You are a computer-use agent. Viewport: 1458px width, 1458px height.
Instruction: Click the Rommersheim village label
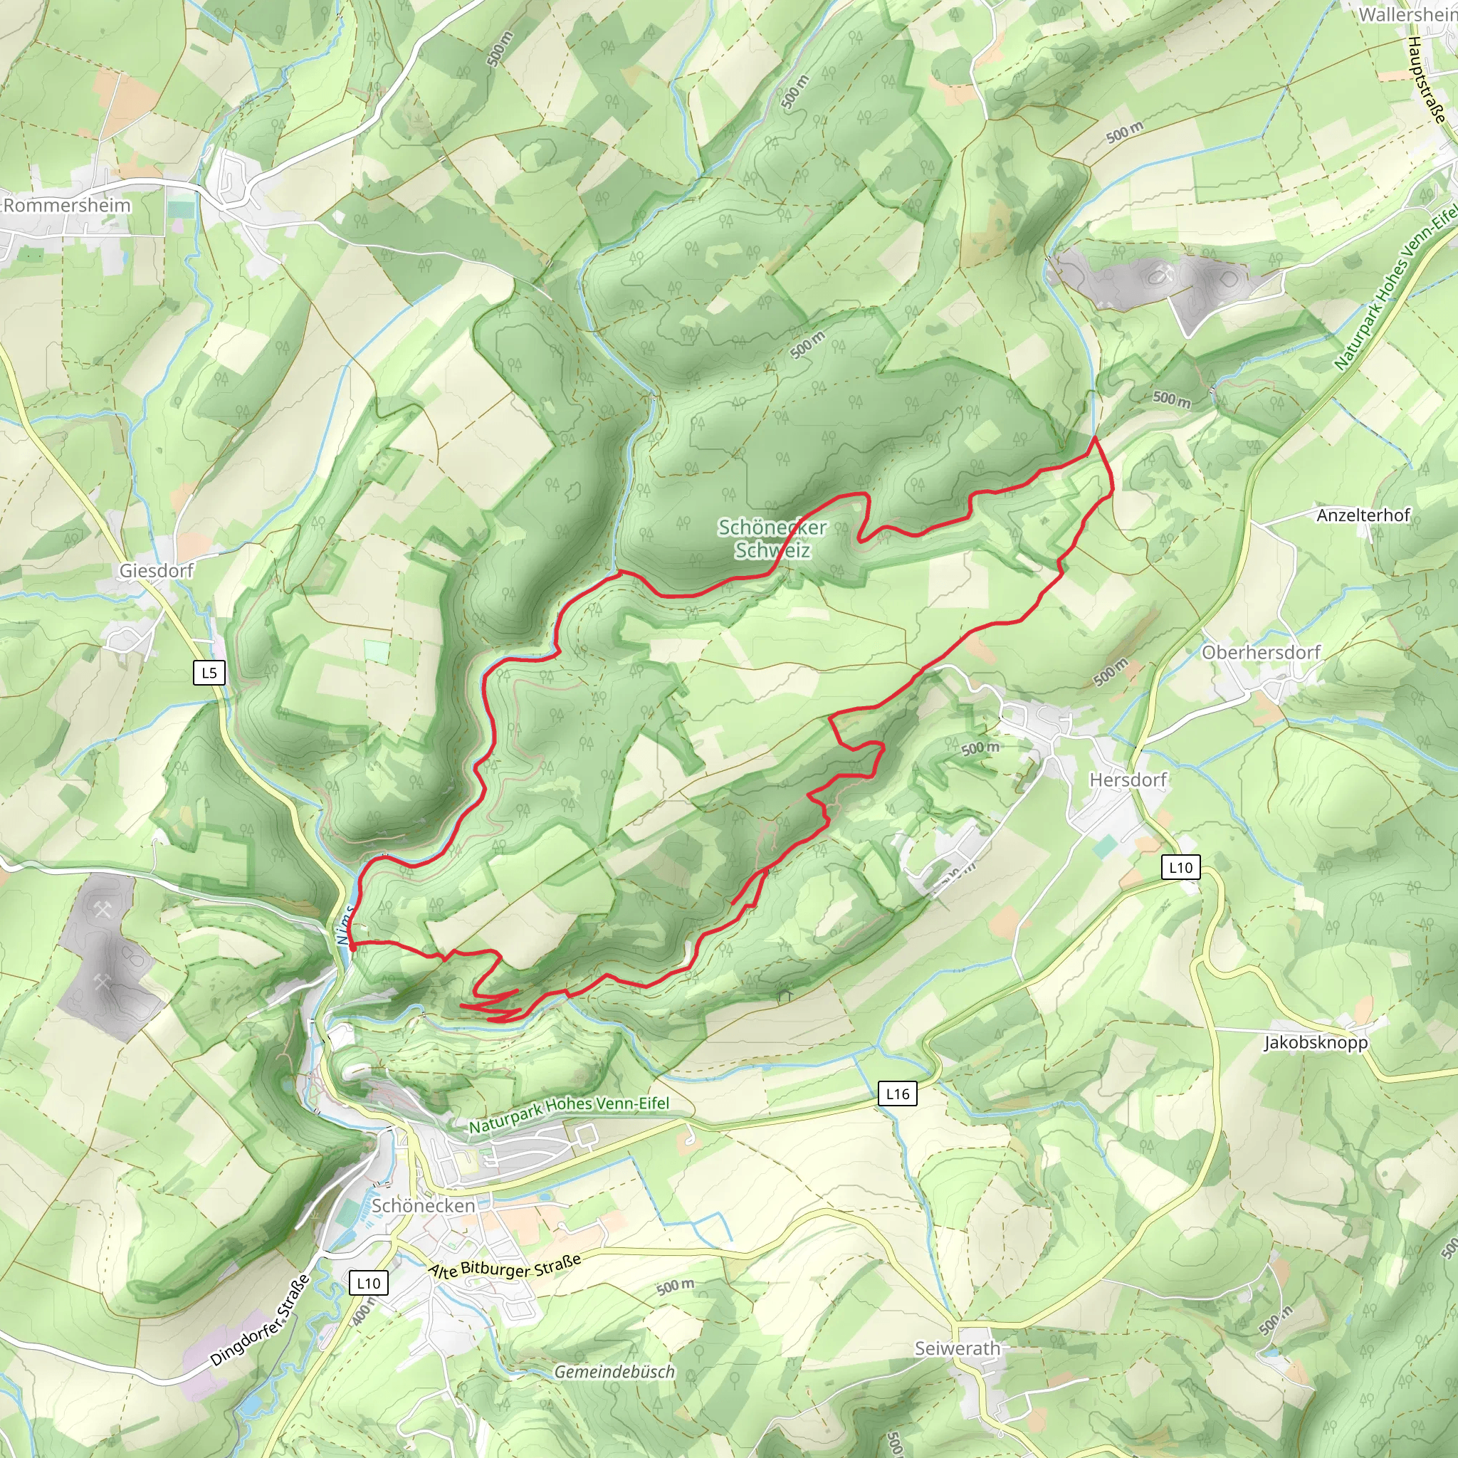(66, 205)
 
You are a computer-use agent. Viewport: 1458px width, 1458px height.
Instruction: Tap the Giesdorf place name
(156, 570)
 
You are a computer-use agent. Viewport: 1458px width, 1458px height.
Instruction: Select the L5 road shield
(209, 672)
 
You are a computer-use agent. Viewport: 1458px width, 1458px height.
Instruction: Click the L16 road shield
(897, 1093)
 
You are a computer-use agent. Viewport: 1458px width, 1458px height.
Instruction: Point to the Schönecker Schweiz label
(772, 539)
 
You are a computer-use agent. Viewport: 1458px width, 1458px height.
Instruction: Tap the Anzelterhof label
(1363, 515)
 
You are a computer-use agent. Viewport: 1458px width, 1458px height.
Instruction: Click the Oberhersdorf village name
(1261, 652)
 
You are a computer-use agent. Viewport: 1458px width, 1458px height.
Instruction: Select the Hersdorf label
(1128, 780)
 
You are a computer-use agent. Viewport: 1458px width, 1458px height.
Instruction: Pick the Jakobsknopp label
(1316, 1042)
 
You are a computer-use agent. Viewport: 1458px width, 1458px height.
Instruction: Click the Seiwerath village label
(958, 1348)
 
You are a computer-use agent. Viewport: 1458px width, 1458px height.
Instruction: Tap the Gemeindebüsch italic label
(614, 1372)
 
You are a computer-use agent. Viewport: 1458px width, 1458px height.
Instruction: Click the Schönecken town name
(424, 1206)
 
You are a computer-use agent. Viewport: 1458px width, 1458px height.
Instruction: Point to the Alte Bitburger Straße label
(505, 1266)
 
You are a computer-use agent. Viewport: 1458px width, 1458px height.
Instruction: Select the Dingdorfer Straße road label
(261, 1321)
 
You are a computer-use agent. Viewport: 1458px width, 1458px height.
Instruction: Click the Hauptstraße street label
(1426, 79)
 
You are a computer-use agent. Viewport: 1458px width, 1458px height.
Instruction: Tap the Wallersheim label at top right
(1408, 14)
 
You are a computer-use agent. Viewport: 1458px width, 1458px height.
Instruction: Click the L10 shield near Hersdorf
(1180, 867)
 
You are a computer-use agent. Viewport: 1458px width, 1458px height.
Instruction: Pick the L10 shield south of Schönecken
(368, 1283)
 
